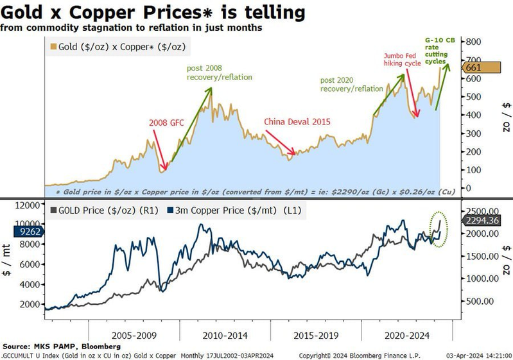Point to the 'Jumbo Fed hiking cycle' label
pos(403,60)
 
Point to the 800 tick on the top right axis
pos(473,42)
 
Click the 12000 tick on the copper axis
pos(27,206)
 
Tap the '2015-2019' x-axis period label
pos(316,335)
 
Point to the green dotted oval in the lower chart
pos(438,230)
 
